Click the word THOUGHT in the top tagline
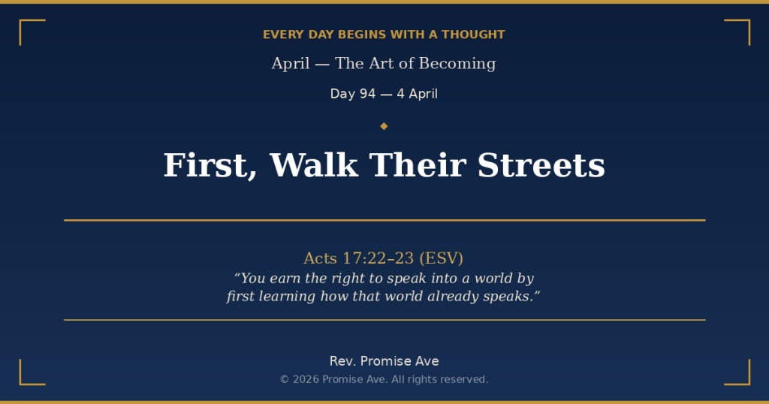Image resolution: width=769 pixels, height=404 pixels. [x=473, y=35]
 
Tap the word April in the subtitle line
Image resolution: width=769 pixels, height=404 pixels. [x=291, y=64]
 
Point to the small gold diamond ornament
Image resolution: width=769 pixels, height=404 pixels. [x=384, y=126]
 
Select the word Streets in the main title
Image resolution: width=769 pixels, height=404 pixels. [x=541, y=165]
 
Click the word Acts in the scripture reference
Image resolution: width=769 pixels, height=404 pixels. [x=321, y=258]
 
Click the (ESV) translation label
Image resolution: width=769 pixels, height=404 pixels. [x=442, y=258]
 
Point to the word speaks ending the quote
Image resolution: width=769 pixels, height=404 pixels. [x=510, y=297]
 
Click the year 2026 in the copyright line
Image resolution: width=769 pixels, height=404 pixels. [x=306, y=379]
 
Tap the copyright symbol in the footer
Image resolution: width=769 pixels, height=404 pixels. [x=285, y=379]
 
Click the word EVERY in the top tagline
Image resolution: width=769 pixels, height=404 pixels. [x=282, y=35]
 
